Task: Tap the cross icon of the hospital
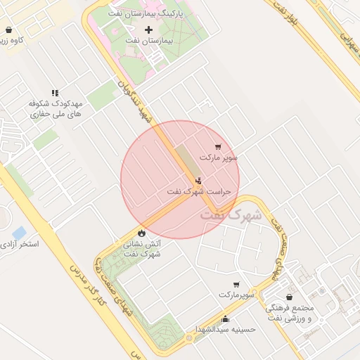tap(148, 30)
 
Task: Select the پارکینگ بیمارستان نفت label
tap(148, 13)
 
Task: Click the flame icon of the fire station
tap(141, 233)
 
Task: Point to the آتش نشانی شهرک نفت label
tap(143, 249)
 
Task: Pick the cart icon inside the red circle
tap(217, 147)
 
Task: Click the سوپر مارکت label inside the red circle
tap(219, 157)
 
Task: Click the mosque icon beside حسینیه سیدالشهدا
tap(224, 318)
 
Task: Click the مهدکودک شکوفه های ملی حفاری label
tap(56, 108)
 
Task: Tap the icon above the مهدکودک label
tap(55, 93)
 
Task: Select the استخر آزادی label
tap(20, 244)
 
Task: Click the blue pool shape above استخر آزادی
tap(20, 232)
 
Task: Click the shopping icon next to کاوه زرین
tap(8, 30)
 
